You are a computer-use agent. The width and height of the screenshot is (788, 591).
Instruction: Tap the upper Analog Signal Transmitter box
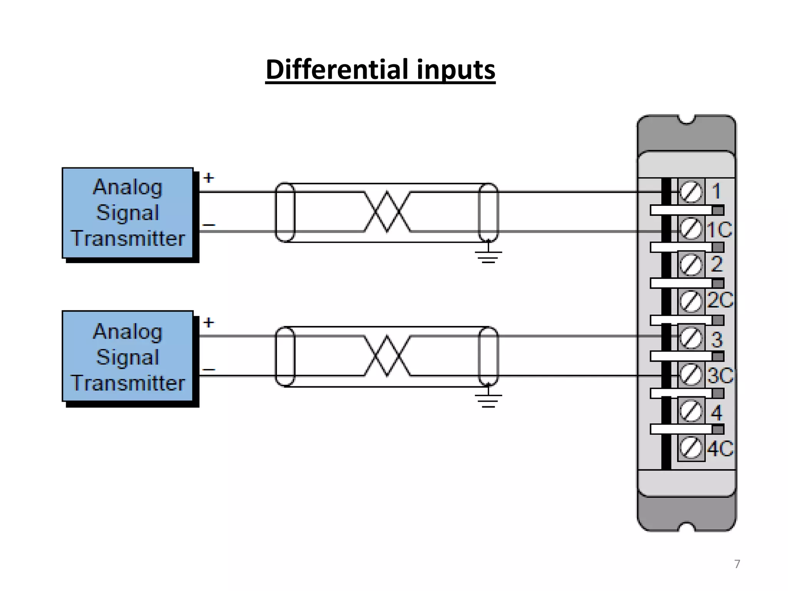tap(128, 213)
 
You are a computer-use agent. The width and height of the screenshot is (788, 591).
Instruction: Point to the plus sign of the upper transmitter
tap(209, 178)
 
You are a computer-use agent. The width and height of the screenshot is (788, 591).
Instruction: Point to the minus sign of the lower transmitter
tap(209, 370)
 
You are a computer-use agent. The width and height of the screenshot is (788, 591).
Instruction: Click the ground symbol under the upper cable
tap(488, 256)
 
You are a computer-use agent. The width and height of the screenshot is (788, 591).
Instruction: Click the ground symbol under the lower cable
tap(488, 400)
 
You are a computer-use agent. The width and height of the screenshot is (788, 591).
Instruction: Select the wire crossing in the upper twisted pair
tap(387, 212)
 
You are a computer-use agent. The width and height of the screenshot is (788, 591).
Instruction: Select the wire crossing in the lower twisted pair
tap(387, 356)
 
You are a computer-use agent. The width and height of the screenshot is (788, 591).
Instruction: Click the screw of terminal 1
tap(691, 191)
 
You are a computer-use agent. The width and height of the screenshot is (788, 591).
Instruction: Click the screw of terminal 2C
tap(691, 301)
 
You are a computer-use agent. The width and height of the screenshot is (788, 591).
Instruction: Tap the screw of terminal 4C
tap(691, 448)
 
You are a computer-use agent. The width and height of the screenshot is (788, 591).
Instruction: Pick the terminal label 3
tap(716, 339)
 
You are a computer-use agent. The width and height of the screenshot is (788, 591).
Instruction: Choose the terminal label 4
tap(716, 412)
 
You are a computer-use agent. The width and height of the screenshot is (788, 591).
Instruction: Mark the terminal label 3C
tap(720, 376)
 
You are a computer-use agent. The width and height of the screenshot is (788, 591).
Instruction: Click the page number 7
tap(737, 564)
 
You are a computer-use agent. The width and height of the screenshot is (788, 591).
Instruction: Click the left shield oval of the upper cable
tap(285, 212)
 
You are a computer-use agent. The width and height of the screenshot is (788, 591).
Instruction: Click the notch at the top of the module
tap(686, 120)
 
